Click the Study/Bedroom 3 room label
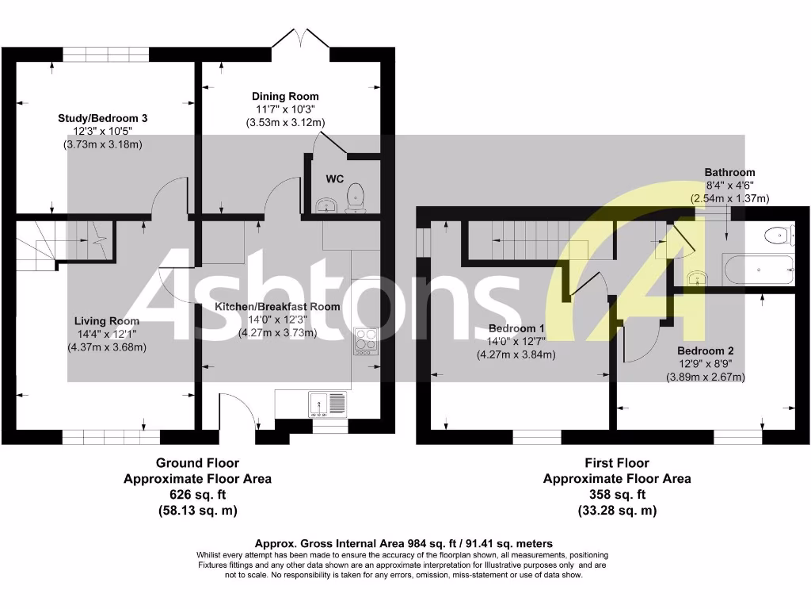tap(103, 118)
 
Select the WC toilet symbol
tap(357, 197)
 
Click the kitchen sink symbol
tap(326, 404)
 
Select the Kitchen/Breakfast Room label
tap(278, 306)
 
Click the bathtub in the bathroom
tap(758, 270)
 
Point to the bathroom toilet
tap(779, 234)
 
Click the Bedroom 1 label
tap(516, 328)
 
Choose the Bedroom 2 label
tap(706, 350)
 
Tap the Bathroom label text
tap(729, 172)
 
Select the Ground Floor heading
tap(197, 463)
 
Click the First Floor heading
tap(617, 463)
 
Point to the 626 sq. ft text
tap(197, 495)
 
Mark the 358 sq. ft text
tap(617, 495)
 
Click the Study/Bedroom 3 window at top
tap(106, 54)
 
